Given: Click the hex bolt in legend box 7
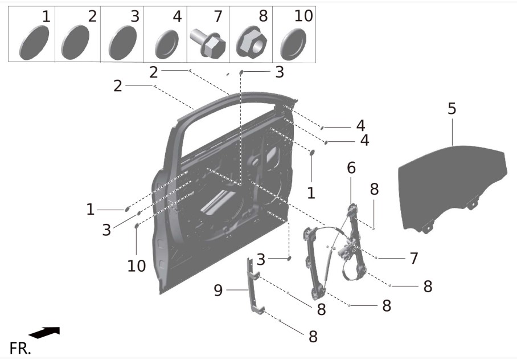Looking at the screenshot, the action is (208, 43).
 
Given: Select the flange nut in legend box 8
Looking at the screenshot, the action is (251, 42).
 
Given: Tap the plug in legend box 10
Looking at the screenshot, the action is (293, 44).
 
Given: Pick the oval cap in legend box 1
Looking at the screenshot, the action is (34, 43).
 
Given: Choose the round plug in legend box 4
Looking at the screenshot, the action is (166, 44).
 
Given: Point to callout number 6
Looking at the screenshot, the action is (351, 168).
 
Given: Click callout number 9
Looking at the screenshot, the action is (218, 291).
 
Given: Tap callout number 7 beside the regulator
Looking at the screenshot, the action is (414, 259).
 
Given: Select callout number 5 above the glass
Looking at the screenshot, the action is (452, 108).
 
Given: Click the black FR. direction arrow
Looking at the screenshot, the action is (44, 333).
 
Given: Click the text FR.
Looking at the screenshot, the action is (20, 348).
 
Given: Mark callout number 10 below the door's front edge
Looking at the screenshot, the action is (137, 265).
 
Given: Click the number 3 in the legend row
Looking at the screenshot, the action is (135, 16).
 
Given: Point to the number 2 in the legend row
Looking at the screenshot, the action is (92, 16).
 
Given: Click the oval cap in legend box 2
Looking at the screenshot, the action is (75, 42).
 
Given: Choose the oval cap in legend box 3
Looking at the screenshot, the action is (122, 43).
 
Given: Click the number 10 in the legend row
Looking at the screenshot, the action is (303, 16).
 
